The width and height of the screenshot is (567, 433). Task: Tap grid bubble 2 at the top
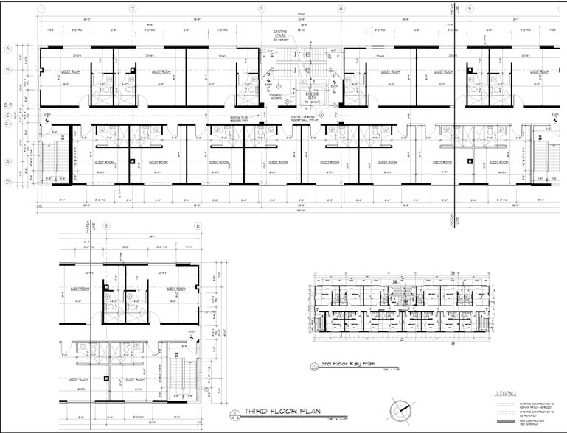pos(132,9)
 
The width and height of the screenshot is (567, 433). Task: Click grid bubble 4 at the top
pos(341,9)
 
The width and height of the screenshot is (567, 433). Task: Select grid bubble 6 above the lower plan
pos(198,226)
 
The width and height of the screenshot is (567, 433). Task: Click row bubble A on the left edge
pos(7,49)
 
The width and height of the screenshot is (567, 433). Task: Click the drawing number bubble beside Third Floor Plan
pos(234,413)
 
